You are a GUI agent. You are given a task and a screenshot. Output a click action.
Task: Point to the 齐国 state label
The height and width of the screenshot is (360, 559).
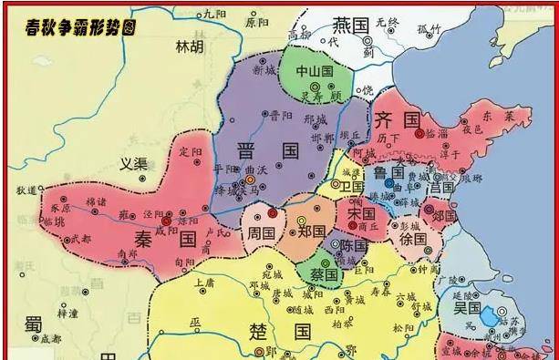pos(398,119)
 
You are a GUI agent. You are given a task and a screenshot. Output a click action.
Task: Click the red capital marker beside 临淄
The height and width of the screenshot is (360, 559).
pos(419,133)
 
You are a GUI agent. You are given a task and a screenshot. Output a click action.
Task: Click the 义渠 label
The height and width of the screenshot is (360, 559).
pos(134,165)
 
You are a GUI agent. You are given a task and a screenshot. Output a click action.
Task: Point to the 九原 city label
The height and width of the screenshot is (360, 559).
pos(214,13)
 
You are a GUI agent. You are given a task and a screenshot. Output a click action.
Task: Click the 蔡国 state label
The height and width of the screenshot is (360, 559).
pos(320,273)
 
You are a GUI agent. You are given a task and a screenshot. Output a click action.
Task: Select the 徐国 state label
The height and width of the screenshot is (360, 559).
pos(412,239)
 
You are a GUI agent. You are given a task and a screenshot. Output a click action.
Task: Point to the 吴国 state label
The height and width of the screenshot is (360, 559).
pos(466,308)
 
